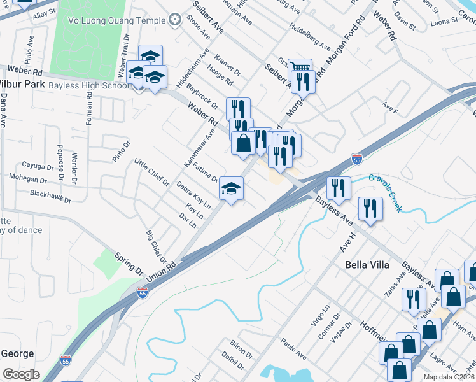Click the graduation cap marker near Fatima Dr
pyautogui.click(x=232, y=188)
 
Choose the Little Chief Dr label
pyautogui.click(x=151, y=173)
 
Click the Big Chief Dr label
pyautogui.click(x=155, y=248)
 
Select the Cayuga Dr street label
pyautogui.click(x=38, y=167)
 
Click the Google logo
pyautogui.click(x=21, y=374)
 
